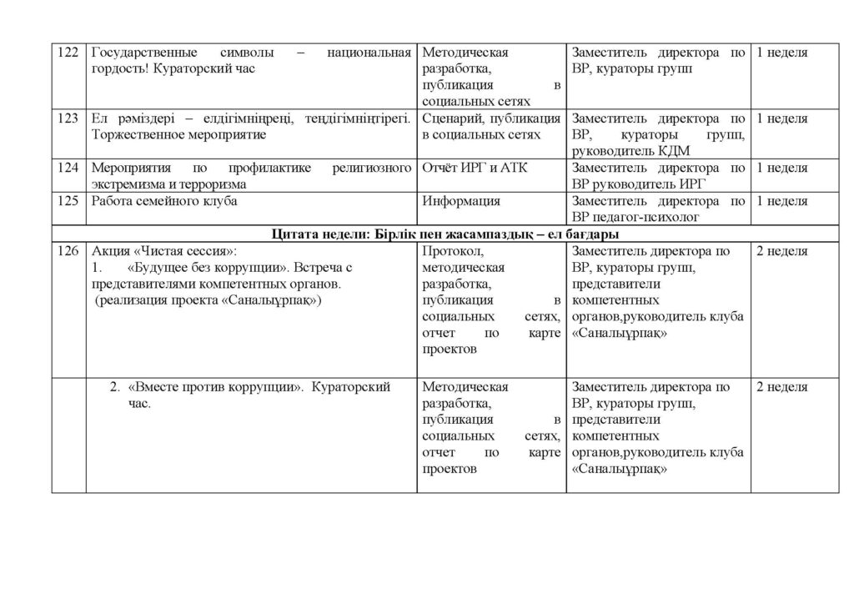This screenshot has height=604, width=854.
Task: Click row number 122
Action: (x=68, y=53)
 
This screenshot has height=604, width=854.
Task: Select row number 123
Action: (x=68, y=118)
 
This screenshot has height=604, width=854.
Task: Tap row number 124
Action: (x=68, y=169)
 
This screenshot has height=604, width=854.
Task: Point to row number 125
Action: (x=68, y=201)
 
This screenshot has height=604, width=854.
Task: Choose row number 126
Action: (x=68, y=251)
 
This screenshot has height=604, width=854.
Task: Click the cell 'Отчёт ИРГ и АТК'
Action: (x=475, y=169)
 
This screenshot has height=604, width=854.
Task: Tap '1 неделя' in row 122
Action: (x=781, y=53)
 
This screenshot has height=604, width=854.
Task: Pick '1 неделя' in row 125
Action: (x=781, y=201)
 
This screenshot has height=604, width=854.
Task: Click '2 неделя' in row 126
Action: (x=781, y=251)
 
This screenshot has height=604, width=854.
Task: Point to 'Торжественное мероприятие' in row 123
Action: (x=178, y=135)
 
